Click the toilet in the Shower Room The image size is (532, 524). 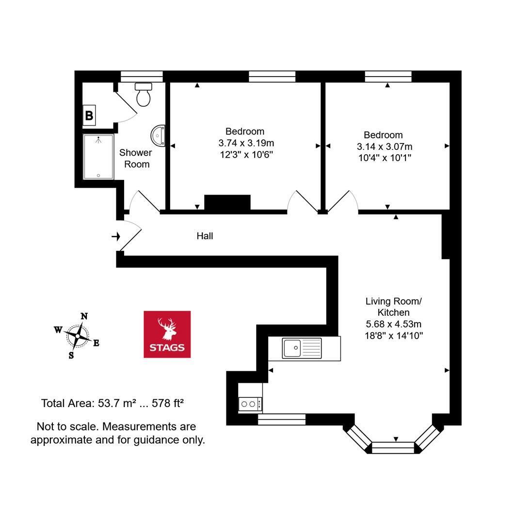click(x=143, y=94)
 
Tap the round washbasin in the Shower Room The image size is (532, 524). click(x=158, y=136)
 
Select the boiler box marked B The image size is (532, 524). click(x=89, y=115)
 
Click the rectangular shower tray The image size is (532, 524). click(x=98, y=157)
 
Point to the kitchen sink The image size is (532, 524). click(x=302, y=348)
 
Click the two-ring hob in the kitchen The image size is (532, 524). click(x=250, y=404)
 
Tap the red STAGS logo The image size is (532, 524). click(x=167, y=334)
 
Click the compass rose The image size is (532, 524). click(x=78, y=336)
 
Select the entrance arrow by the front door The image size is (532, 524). click(x=116, y=236)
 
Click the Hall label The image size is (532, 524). click(x=205, y=236)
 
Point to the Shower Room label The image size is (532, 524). click(x=136, y=158)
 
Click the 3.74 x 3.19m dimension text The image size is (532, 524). click(x=246, y=143)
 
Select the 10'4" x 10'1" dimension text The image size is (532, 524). click(x=385, y=158)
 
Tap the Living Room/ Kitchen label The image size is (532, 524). click(x=394, y=307)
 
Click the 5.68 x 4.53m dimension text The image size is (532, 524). click(x=394, y=324)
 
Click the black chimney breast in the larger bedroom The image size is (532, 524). click(x=227, y=203)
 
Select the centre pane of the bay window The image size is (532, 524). click(x=393, y=448)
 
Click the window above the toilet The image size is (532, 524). click(x=142, y=76)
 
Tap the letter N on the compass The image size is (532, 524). click(x=84, y=316)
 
